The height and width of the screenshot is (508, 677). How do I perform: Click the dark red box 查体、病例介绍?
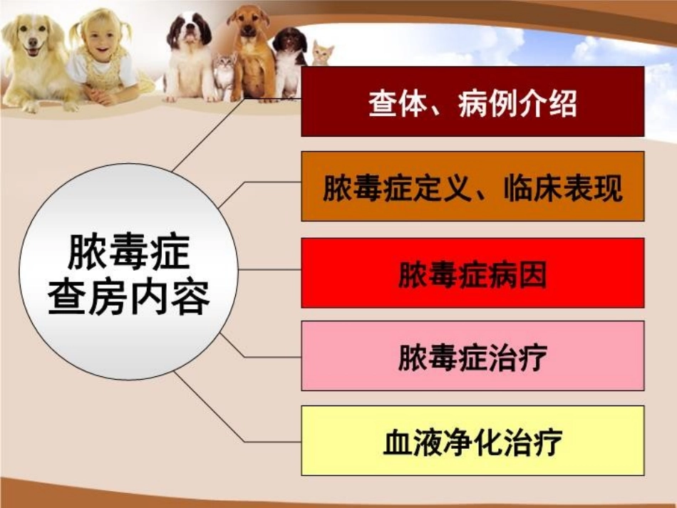tap(472, 101)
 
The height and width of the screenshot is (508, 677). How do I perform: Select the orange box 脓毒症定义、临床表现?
tap(472, 186)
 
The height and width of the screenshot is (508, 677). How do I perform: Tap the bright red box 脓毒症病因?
tap(472, 273)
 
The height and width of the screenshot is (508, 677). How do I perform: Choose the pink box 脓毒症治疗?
tap(472, 356)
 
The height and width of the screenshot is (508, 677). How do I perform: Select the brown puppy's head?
tap(249, 25)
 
